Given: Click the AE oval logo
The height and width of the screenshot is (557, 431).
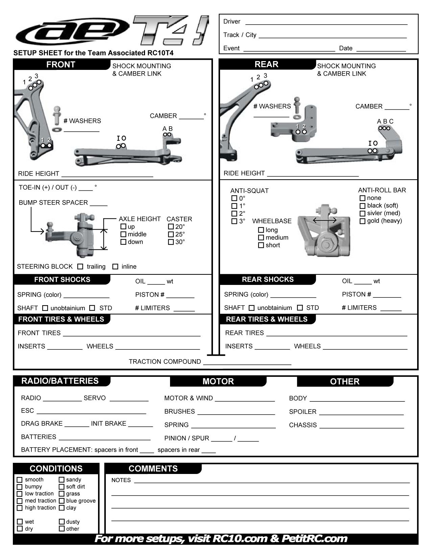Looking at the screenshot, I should [71, 32].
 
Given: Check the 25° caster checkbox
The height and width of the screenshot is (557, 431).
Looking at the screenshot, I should [171, 234].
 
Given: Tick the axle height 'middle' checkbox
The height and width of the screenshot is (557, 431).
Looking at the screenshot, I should [123, 234].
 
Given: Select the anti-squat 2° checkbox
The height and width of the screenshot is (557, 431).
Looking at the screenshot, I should [234, 214].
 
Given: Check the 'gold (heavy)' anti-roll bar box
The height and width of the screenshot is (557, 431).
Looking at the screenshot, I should [362, 221].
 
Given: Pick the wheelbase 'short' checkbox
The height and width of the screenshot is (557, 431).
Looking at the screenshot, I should [261, 245].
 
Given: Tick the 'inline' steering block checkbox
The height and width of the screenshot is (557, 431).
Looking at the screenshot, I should [115, 267].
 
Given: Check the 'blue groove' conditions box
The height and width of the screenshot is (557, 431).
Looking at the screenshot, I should [62, 501].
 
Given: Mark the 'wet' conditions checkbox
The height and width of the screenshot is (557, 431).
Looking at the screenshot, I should [20, 522].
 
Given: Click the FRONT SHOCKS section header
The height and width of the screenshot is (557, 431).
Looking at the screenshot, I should [62, 280].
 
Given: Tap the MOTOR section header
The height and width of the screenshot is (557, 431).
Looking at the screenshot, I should [218, 381].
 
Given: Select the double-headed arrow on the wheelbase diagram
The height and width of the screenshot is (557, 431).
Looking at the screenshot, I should [325, 220].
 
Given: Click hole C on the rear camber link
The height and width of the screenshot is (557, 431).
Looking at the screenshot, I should [388, 128].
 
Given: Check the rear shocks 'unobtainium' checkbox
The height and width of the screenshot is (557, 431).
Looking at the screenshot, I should [252, 308].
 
